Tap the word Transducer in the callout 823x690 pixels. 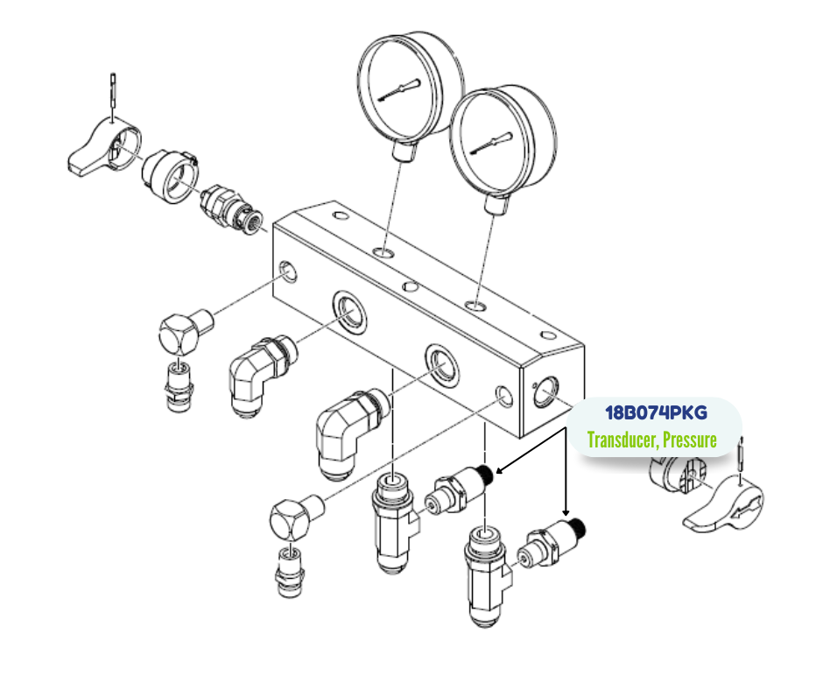coord(621,440)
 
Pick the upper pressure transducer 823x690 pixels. coord(461,490)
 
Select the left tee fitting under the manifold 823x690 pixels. coord(391,522)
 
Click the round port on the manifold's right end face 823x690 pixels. coord(546,391)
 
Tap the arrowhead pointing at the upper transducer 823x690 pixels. coord(497,472)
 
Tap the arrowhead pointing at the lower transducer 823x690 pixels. coord(566,513)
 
